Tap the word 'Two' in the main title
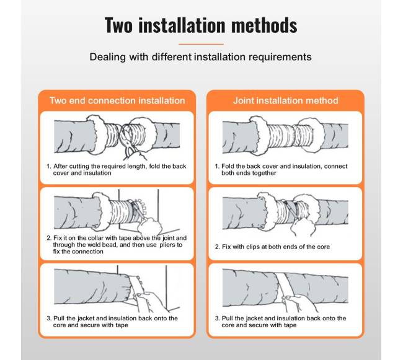119,25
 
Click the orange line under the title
201,44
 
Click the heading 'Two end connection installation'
117,100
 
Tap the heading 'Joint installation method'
286,100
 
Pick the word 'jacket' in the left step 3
86,318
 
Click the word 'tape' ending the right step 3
290,325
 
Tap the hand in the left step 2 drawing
149,226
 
